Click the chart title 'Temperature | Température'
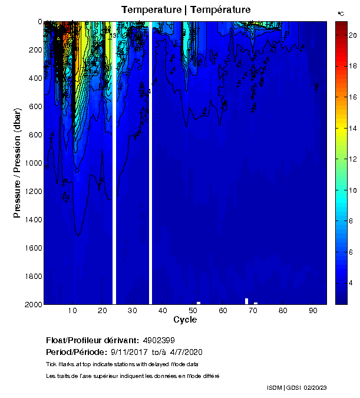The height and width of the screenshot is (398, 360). (186, 10)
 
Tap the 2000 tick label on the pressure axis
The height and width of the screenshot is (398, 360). (33, 304)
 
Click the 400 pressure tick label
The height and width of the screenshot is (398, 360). (35, 78)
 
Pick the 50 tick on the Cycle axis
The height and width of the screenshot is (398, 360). (193, 311)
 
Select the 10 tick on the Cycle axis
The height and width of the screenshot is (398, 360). (72, 311)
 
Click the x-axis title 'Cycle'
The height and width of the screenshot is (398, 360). (185, 320)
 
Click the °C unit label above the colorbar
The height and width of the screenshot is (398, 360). (341, 13)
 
